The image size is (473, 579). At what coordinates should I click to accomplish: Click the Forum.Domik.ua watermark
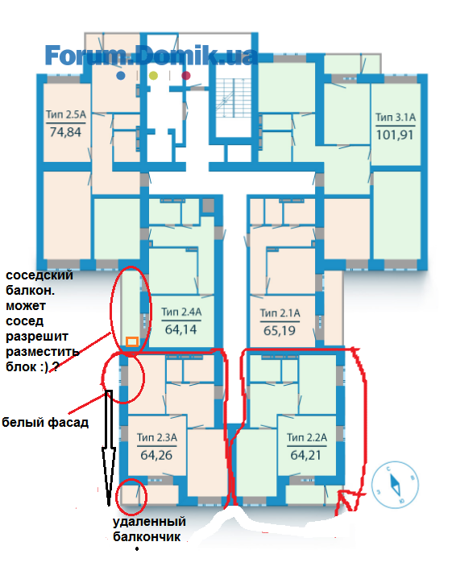[x=151, y=56]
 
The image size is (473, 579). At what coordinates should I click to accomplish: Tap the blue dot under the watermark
[x=121, y=76]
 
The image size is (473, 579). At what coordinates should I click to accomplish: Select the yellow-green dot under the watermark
[x=153, y=76]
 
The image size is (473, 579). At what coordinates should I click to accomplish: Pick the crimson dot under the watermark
[x=186, y=76]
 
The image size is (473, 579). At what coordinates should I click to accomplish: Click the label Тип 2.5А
[x=66, y=114]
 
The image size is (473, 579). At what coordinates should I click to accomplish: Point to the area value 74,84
[x=65, y=132]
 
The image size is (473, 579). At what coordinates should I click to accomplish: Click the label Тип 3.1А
[x=396, y=118]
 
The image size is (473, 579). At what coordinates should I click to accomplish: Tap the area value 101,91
[x=395, y=134]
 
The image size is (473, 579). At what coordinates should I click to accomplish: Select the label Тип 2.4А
[x=181, y=312]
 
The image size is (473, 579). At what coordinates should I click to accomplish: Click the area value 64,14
[x=181, y=329]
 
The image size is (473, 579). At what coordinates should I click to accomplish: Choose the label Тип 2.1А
[x=280, y=313]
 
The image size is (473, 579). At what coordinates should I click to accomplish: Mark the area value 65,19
[x=280, y=330]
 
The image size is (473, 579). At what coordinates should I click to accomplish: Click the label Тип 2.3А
[x=157, y=437]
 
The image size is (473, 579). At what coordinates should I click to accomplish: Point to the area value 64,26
[x=156, y=455]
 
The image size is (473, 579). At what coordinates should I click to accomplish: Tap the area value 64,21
[x=305, y=455]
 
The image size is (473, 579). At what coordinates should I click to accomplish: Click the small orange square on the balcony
[x=132, y=341]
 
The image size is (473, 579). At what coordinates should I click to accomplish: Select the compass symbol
[x=395, y=485]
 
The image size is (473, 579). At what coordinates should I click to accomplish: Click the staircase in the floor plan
[x=233, y=98]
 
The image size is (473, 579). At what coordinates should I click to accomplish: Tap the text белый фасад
[x=45, y=422]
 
